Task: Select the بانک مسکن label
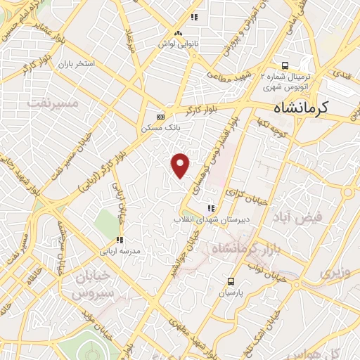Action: pos(162,128)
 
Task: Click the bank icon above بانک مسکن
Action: pos(161,117)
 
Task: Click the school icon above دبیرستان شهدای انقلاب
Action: pos(211,208)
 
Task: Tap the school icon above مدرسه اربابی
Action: pos(120,240)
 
